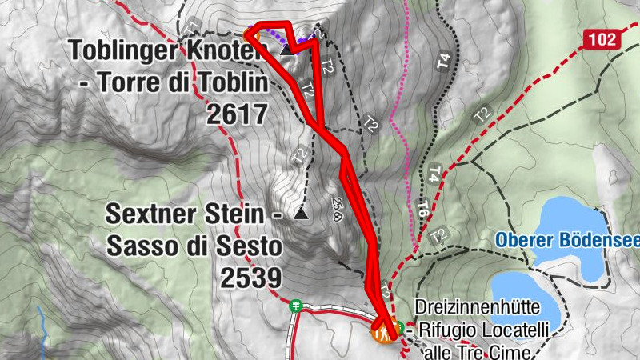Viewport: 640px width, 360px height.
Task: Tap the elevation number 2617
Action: point(236,114)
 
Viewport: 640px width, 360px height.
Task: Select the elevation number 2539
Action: point(251,278)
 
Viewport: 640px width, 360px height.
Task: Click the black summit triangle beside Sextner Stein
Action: point(300,214)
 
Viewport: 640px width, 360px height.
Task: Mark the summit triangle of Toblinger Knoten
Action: point(286,51)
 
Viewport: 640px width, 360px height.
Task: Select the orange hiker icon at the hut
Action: point(382,330)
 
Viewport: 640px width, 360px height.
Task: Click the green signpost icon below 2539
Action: point(296,305)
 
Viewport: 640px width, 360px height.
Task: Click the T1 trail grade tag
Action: point(190,27)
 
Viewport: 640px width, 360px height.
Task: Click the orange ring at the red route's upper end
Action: point(250,34)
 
